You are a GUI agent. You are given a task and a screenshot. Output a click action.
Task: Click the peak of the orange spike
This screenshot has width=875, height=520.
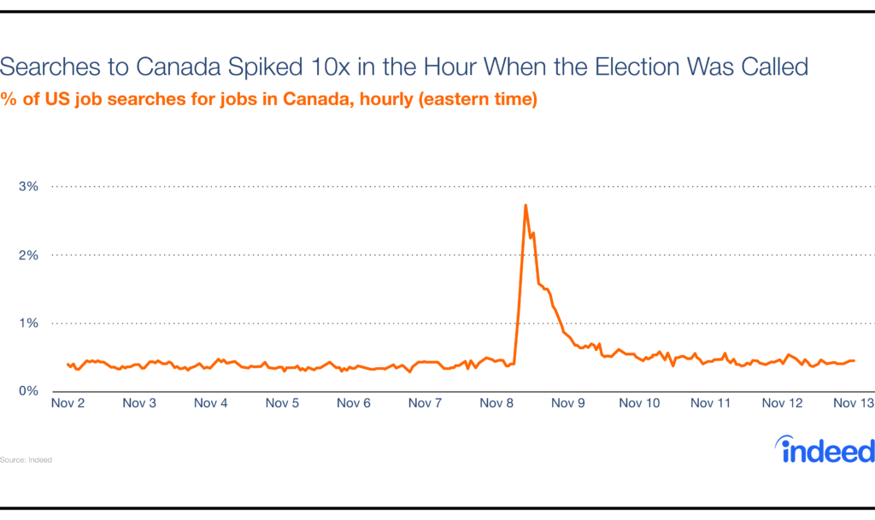pos(526,205)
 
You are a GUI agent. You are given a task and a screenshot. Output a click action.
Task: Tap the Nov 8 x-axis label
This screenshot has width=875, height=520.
pos(496,403)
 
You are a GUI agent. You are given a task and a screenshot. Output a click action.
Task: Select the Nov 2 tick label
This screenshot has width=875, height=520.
pos(68,403)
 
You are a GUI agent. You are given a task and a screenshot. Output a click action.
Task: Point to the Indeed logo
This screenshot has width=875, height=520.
pos(825,449)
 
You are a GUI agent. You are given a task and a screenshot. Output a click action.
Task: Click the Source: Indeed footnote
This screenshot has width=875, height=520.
pos(26,459)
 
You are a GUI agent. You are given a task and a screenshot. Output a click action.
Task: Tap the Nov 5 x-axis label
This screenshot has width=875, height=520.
pos(282,403)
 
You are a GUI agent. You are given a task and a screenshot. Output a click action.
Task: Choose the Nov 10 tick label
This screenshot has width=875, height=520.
pos(639,403)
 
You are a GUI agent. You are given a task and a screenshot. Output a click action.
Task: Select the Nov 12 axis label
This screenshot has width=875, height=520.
pos(782,403)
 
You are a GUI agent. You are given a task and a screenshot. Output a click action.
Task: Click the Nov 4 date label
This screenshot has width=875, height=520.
pos(211,403)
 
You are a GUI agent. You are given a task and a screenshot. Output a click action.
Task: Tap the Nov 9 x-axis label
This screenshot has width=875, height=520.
pos(567,403)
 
